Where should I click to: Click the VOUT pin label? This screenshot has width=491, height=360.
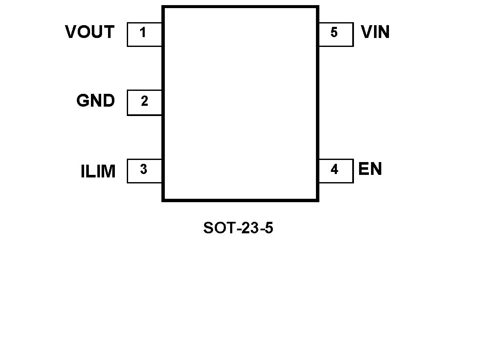(90, 32)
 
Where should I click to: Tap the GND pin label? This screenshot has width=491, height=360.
(96, 101)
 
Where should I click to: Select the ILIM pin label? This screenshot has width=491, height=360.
(98, 171)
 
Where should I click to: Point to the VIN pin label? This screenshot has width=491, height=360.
(375, 32)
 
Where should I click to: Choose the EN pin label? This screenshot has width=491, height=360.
(370, 169)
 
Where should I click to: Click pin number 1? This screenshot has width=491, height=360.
(143, 32)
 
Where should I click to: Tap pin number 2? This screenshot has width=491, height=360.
(144, 102)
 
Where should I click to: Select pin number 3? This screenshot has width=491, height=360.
(143, 170)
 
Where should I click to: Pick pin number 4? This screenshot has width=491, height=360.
(334, 170)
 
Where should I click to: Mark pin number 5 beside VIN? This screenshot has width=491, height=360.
(334, 32)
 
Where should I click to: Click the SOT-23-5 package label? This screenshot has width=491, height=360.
(238, 229)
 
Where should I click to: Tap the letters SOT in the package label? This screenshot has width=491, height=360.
(216, 229)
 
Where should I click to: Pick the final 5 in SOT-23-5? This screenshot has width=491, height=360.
(269, 229)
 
